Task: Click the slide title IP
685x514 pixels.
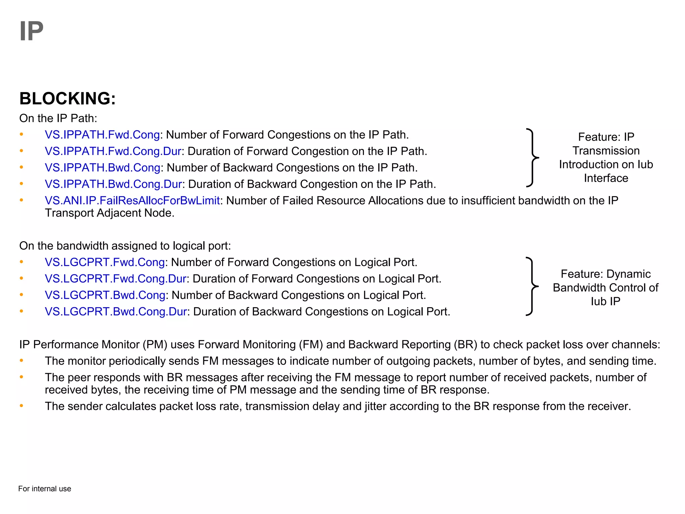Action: pyautogui.click(x=31, y=31)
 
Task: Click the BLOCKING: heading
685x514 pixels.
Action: pyautogui.click(x=67, y=99)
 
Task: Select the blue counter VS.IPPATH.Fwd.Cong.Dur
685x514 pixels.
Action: pyautogui.click(x=113, y=151)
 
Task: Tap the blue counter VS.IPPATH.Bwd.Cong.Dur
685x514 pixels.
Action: pyautogui.click(x=113, y=184)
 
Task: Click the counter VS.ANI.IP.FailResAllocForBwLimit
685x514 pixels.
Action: pyautogui.click(x=132, y=200)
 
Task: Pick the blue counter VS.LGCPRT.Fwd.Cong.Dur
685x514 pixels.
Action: pyautogui.click(x=115, y=279)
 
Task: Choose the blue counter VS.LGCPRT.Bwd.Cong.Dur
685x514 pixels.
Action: pyautogui.click(x=116, y=312)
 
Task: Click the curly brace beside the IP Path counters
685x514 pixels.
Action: pyautogui.click(x=532, y=157)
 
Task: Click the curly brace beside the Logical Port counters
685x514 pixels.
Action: pyautogui.click(x=532, y=286)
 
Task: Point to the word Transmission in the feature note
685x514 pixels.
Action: pyautogui.click(x=606, y=151)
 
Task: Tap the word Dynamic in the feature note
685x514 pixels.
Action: pyautogui.click(x=628, y=274)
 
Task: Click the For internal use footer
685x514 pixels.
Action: pyautogui.click(x=44, y=489)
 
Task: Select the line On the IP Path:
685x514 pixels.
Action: pyautogui.click(x=58, y=118)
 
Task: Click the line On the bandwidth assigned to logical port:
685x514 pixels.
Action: pyautogui.click(x=125, y=246)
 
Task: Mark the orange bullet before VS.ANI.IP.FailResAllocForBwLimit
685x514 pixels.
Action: pyautogui.click(x=21, y=200)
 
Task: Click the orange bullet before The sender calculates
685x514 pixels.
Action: pyautogui.click(x=21, y=406)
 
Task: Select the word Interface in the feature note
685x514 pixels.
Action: pyautogui.click(x=606, y=178)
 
